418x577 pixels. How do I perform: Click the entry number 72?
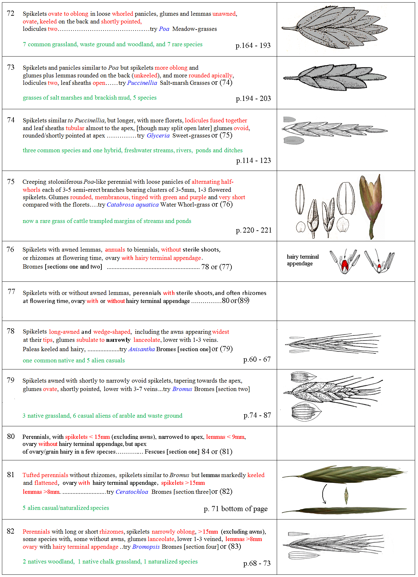click(x=11, y=13)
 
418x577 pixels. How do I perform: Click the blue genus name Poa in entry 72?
click(x=164, y=29)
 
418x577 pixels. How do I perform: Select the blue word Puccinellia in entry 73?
click(x=142, y=83)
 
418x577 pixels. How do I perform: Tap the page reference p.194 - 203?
click(x=253, y=99)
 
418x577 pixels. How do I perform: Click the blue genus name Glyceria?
click(x=158, y=136)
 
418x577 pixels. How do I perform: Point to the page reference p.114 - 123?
click(x=253, y=160)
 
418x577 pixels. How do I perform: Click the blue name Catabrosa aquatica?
click(x=132, y=205)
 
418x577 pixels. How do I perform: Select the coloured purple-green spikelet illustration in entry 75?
click(x=371, y=206)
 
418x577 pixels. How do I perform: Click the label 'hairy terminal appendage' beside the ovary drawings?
click(x=302, y=260)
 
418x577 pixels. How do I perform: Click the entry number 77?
click(x=11, y=291)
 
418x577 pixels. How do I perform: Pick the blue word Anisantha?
click(x=142, y=349)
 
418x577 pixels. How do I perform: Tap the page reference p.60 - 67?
click(x=257, y=360)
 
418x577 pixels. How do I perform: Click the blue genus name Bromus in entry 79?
click(x=182, y=389)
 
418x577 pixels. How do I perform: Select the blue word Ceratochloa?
click(x=132, y=492)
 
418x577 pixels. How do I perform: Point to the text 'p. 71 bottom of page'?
click(x=235, y=509)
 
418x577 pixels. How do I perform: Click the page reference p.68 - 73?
click(x=257, y=563)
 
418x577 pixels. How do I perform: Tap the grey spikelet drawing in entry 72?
click(x=334, y=27)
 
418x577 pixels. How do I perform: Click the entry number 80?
click(x=11, y=436)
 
